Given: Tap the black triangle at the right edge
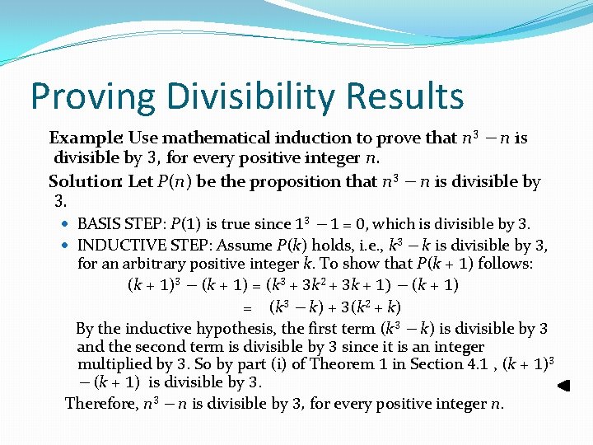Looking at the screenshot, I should click(563, 386).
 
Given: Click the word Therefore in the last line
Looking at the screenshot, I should click(101, 404).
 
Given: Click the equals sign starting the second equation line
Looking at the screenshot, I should click(245, 307).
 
